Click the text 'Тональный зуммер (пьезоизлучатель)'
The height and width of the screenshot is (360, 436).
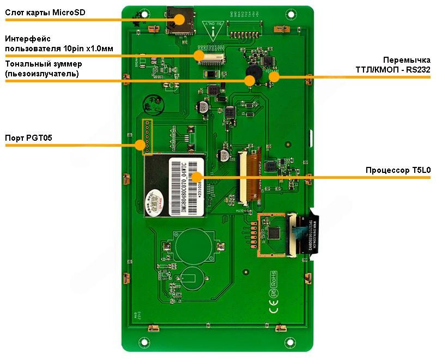44,69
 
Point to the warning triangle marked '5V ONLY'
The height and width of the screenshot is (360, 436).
210,27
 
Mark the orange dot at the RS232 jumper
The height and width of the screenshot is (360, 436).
274,77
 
